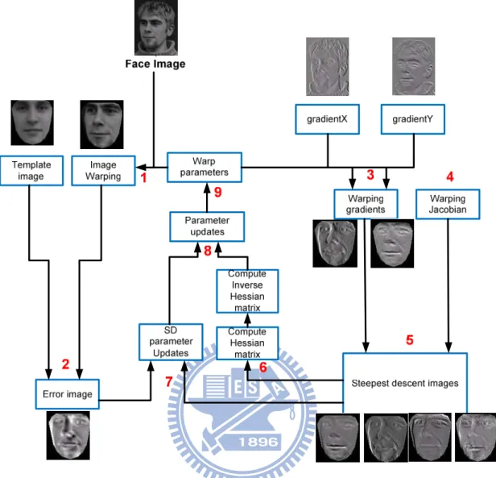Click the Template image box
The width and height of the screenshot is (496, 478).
tap(31, 170)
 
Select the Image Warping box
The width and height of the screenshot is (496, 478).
tap(103, 170)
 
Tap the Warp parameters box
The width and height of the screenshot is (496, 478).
tap(205, 167)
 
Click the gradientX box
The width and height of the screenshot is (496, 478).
tap(327, 119)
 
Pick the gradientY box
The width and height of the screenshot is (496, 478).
tap(413, 119)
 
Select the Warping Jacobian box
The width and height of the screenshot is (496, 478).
tap(448, 204)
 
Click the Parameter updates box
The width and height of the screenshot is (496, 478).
tap(207, 227)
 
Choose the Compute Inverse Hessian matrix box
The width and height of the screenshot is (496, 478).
tap(247, 291)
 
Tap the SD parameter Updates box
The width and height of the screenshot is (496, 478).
tap(171, 342)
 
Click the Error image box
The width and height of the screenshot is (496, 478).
tap(68, 394)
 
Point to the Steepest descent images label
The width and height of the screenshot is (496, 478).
tap(405, 384)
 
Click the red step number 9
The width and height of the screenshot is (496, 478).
tap(217, 192)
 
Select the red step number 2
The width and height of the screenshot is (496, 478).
tap(65, 364)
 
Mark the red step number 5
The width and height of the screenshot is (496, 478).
tap(410, 340)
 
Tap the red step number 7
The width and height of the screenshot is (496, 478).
tap(168, 382)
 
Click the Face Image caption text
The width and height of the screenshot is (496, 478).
tap(155, 64)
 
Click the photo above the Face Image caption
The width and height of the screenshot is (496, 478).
tap(156, 27)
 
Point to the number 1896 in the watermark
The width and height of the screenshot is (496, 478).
tap(258, 442)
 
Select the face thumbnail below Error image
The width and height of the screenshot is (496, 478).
tap(68, 435)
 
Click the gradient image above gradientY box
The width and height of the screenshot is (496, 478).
tap(413, 66)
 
